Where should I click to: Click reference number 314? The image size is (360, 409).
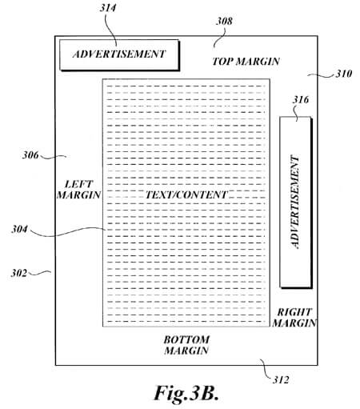point(108,8)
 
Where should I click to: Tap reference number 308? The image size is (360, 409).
point(224,21)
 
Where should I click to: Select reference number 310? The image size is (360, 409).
point(344,74)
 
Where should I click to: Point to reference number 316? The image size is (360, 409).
point(301,100)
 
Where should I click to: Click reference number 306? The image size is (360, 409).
point(30,154)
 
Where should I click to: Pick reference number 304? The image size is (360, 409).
point(19,229)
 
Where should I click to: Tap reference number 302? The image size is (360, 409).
point(19,273)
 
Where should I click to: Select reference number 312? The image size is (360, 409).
point(281,379)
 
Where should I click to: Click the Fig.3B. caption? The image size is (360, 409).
point(186,393)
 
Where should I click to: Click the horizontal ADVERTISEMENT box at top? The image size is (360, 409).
point(119,55)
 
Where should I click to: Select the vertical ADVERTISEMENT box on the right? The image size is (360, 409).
point(296,202)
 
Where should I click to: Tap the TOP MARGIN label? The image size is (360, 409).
point(246,62)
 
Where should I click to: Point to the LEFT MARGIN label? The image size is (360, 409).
point(78,190)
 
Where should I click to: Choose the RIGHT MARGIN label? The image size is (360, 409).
point(294,318)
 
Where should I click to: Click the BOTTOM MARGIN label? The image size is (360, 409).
point(186,345)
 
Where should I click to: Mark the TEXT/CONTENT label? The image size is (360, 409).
point(186,194)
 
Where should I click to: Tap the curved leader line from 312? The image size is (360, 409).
point(266,368)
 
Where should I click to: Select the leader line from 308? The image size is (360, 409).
point(220,38)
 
